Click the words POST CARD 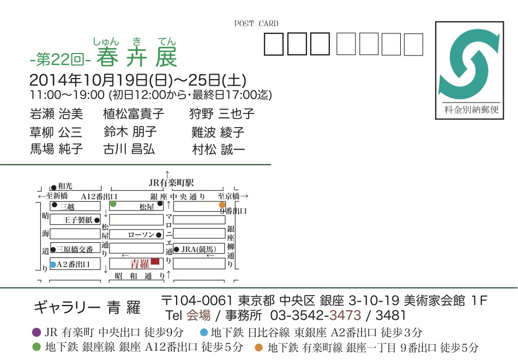pos(256,23)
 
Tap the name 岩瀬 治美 pos(57,114)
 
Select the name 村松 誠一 pos(219,149)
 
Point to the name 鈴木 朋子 pos(130,131)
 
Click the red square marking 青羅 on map pos(155,262)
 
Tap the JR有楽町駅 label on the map pos(171,183)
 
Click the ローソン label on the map pos(141,235)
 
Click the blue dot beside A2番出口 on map pos(53,265)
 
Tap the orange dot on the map pos(222,205)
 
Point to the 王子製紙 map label pos(78,220)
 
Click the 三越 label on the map pos(67,206)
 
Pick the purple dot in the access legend pos(37,332)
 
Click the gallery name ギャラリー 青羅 pos(87,308)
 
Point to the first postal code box pos(273,44)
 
